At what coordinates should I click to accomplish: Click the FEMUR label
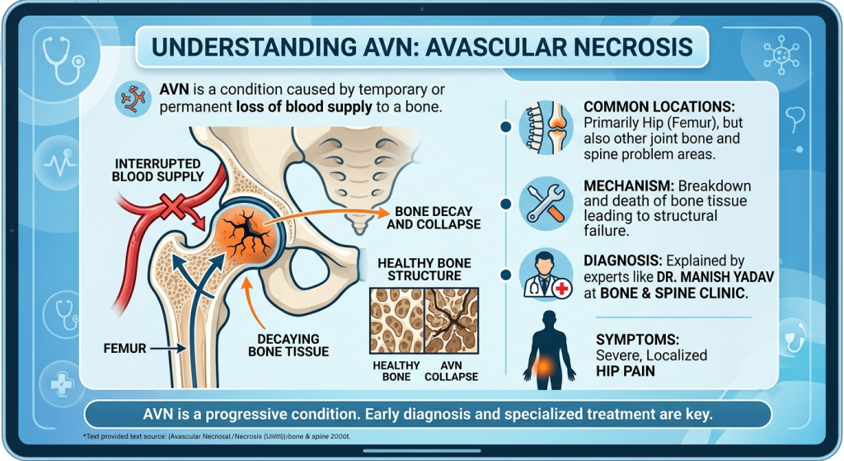[125, 349]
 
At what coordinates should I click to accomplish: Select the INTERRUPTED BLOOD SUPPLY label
[157, 170]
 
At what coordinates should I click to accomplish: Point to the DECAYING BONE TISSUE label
[288, 346]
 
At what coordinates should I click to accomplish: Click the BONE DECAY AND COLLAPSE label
[434, 218]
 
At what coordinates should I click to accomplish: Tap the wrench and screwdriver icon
[546, 203]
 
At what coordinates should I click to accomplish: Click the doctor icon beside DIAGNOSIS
[546, 275]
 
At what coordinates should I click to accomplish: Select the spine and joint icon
[546, 127]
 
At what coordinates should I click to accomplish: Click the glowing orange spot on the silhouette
[545, 368]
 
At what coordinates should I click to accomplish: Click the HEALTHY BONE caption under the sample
[396, 371]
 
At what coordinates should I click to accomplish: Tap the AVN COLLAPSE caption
[451, 371]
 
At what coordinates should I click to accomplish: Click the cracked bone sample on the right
[452, 321]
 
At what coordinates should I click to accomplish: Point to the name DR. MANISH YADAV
[715, 277]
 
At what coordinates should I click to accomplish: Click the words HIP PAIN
[626, 371]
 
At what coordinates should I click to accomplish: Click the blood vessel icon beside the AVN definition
[133, 99]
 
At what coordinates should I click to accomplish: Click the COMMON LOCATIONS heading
[659, 106]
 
